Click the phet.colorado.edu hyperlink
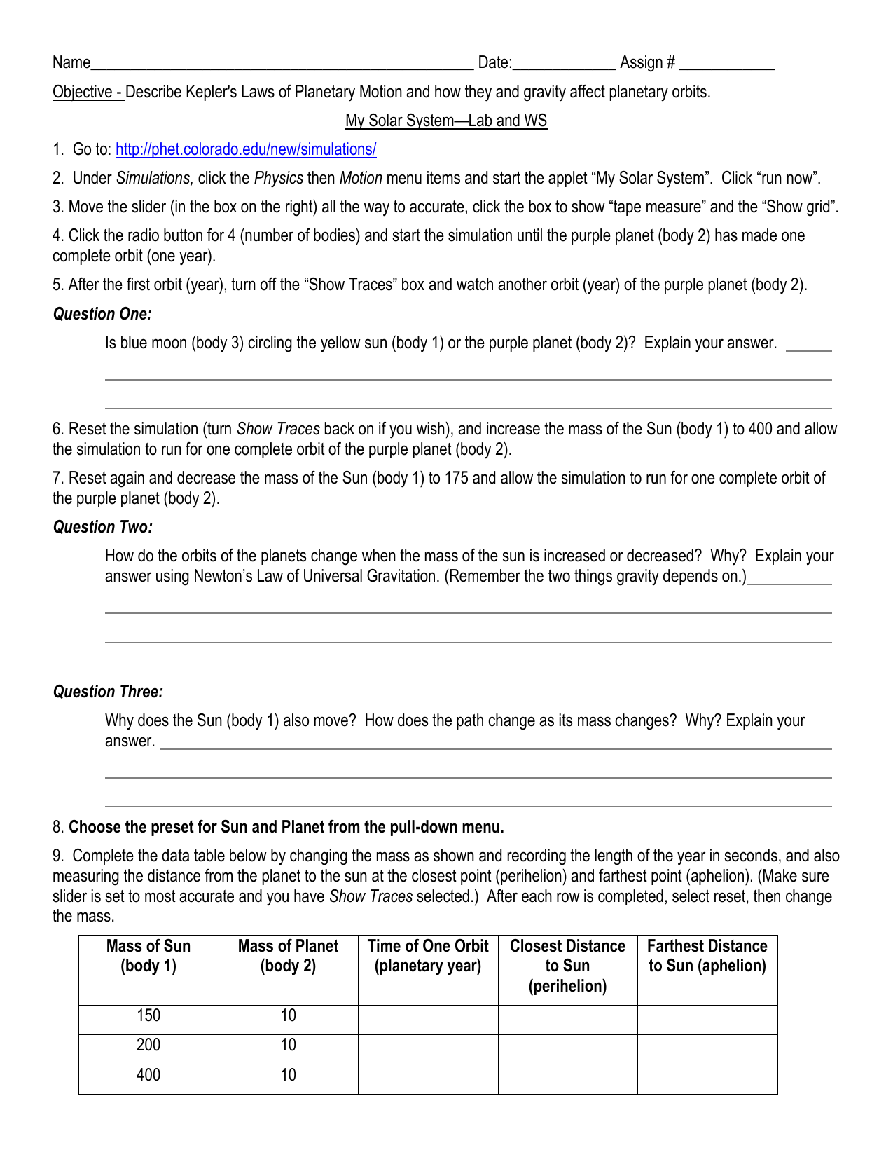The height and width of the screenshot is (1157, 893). tap(246, 149)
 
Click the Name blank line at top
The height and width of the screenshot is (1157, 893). tap(282, 63)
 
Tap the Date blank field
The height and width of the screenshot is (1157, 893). tap(564, 63)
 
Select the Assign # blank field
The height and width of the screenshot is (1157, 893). tap(726, 63)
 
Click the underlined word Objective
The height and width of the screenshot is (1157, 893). tap(83, 92)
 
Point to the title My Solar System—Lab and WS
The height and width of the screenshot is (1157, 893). tap(446, 121)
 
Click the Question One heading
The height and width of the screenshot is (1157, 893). tap(102, 314)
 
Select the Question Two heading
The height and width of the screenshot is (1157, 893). tap(102, 527)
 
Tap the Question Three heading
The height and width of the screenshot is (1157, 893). tap(108, 692)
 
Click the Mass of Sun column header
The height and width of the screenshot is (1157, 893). tap(148, 956)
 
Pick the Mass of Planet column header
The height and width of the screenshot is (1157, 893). tap(288, 956)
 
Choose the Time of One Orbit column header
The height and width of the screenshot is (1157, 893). tap(428, 956)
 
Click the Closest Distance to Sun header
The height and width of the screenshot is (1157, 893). tap(567, 966)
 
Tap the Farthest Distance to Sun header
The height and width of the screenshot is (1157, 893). tap(707, 956)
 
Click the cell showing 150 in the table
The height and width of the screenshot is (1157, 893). tap(148, 1015)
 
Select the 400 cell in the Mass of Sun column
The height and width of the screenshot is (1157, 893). tap(148, 1075)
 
